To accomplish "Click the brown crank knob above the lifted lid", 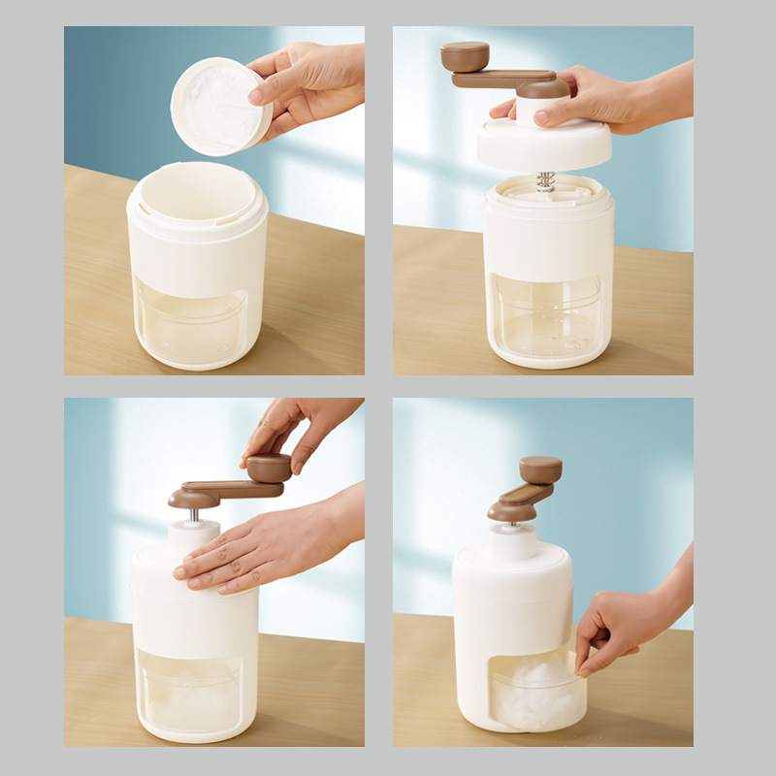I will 466,54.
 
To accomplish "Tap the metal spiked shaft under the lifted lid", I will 545,181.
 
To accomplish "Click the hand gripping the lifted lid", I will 601,102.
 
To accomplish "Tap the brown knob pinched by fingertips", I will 269,468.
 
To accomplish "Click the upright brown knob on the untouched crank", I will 540,470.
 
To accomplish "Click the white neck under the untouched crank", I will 510,538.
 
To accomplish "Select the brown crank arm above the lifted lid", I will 504,79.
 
